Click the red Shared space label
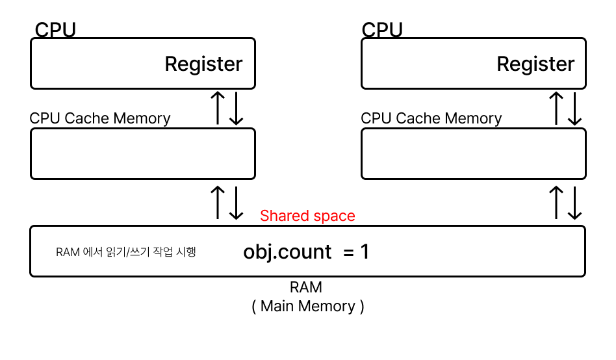[x=307, y=216]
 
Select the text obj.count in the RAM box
[x=287, y=251]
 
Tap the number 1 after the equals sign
[x=365, y=251]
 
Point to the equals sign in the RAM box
[x=348, y=251]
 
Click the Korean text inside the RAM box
[x=125, y=252]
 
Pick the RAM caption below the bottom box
[x=306, y=287]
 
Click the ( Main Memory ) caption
[x=307, y=306]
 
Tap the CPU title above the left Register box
[x=55, y=30]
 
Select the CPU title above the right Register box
[x=381, y=30]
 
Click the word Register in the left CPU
[x=203, y=64]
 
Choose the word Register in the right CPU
[x=535, y=64]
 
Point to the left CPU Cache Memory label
[x=100, y=118]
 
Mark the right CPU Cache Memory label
[x=431, y=118]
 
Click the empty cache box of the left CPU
[x=142, y=153]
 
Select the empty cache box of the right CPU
[x=473, y=153]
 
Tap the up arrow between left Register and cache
[x=219, y=109]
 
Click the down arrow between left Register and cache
[x=237, y=109]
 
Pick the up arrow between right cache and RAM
[x=556, y=203]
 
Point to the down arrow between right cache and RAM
[x=574, y=203]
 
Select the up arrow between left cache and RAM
[x=219, y=203]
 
